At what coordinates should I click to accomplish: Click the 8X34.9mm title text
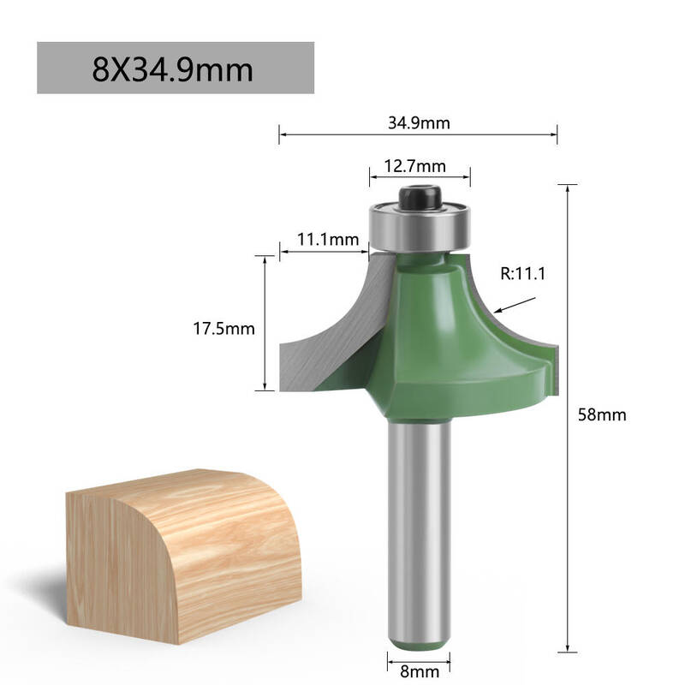[173, 69]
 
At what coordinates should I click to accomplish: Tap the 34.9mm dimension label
[419, 123]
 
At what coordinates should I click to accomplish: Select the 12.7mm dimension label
[415, 166]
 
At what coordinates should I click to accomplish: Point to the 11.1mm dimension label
[328, 240]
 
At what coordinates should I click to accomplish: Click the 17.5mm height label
[223, 329]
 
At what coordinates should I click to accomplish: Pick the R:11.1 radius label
[523, 274]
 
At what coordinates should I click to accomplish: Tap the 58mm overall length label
[602, 414]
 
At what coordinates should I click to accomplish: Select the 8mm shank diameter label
[420, 671]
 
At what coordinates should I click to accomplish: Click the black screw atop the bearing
[420, 197]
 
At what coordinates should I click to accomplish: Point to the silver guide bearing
[420, 227]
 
